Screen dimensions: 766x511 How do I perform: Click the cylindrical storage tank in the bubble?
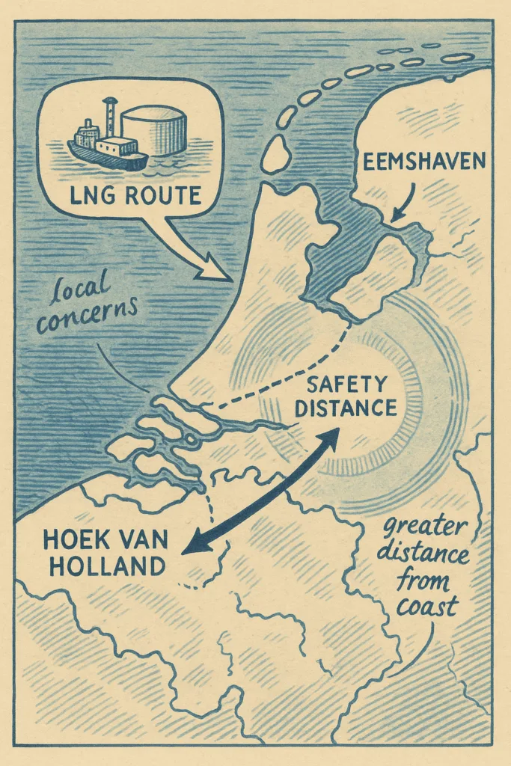[x=153, y=129]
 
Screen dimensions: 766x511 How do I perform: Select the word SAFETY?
[x=347, y=386]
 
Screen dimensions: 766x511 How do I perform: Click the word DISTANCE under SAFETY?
[x=347, y=409]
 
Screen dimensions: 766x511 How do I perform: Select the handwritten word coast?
[x=426, y=607]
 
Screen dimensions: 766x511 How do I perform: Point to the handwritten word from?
[x=427, y=580]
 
